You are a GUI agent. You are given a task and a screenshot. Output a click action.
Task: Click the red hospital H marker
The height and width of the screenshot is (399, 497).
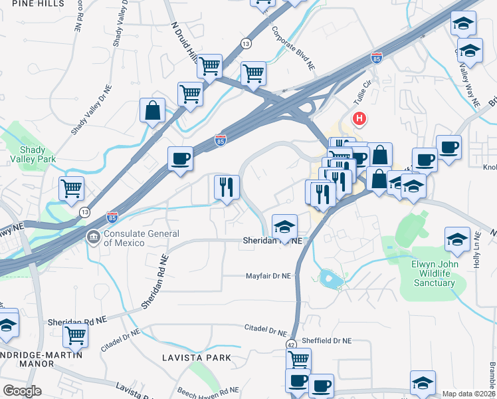coord(359,120)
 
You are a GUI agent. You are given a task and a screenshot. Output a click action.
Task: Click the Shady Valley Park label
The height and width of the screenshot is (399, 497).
coord(28,154)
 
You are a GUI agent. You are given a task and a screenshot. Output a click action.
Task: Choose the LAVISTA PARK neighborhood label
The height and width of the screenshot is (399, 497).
coord(197,358)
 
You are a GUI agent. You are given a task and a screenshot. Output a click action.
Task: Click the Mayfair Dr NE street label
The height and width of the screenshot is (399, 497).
coord(268,275)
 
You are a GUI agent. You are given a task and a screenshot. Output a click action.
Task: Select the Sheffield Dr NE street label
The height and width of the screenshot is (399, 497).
coord(326,340)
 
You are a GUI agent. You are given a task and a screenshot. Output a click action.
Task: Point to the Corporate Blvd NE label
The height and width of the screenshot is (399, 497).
coord(292,49)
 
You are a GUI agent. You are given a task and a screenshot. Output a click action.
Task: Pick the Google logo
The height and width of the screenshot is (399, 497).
coord(22,391)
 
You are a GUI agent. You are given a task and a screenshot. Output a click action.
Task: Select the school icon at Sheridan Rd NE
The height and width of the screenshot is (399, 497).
coord(284,226)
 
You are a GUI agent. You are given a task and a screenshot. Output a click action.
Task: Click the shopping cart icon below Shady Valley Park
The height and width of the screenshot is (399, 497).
coord(72,188)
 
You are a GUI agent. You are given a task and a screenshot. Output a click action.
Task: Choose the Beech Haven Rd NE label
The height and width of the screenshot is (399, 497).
coord(207,391)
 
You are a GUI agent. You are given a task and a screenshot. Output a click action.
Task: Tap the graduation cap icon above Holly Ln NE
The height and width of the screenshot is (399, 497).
coord(457,238)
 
